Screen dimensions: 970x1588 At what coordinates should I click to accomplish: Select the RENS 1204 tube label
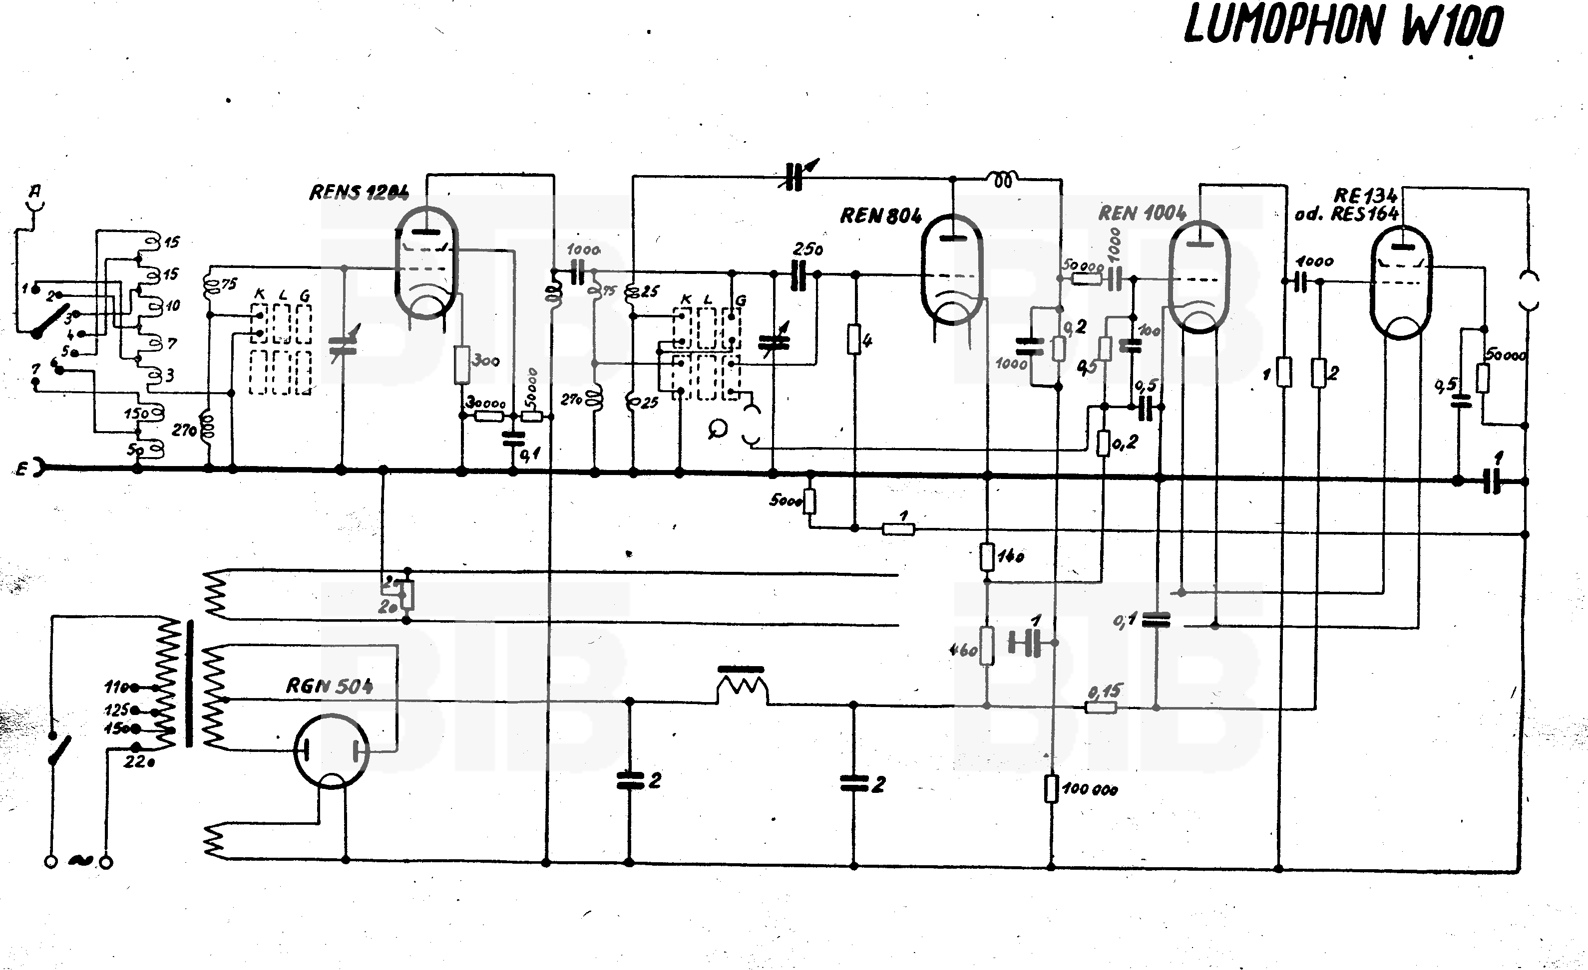359,192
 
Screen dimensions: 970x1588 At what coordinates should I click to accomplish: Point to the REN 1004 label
1142,213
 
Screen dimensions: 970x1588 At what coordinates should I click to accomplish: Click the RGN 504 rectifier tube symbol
331,750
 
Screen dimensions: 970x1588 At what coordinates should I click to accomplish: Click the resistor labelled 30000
488,416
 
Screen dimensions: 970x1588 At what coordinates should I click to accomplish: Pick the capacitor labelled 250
799,275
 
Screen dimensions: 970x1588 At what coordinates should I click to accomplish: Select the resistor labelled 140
987,557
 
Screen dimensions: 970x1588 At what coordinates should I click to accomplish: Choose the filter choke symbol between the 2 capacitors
742,687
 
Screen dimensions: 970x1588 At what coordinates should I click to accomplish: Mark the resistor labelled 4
854,340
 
